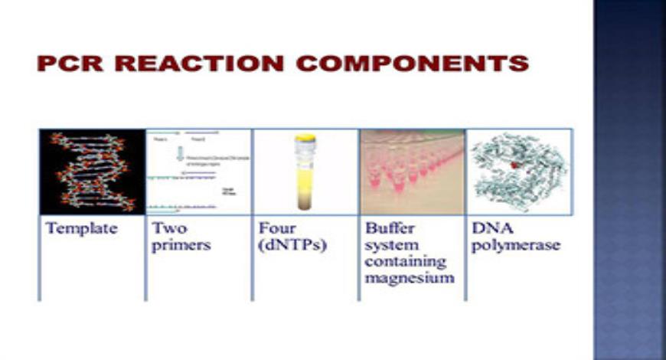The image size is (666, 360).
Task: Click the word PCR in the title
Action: [71, 63]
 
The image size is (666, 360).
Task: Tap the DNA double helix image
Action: [92, 172]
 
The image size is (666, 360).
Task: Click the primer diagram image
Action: [198, 172]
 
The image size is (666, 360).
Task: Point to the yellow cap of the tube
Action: [305, 139]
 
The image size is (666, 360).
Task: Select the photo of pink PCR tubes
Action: [412, 172]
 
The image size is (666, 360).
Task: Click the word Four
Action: [275, 228]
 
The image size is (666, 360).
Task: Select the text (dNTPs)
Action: [286, 246]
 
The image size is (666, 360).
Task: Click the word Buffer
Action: [387, 228]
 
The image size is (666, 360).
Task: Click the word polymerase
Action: [505, 246]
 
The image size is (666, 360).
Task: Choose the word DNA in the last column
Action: [488, 228]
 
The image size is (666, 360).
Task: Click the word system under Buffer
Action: [389, 246]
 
